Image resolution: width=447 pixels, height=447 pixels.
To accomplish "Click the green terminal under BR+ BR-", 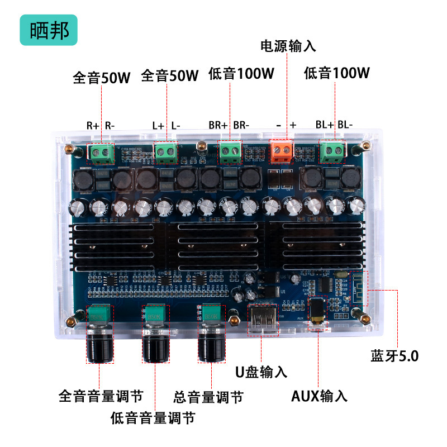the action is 230,151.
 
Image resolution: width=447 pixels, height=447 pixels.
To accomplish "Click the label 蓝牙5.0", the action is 394,356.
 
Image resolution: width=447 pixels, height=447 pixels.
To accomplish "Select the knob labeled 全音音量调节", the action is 100,344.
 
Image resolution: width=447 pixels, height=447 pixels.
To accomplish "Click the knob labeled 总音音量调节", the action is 212,342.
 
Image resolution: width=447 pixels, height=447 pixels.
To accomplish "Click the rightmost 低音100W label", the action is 337,73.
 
